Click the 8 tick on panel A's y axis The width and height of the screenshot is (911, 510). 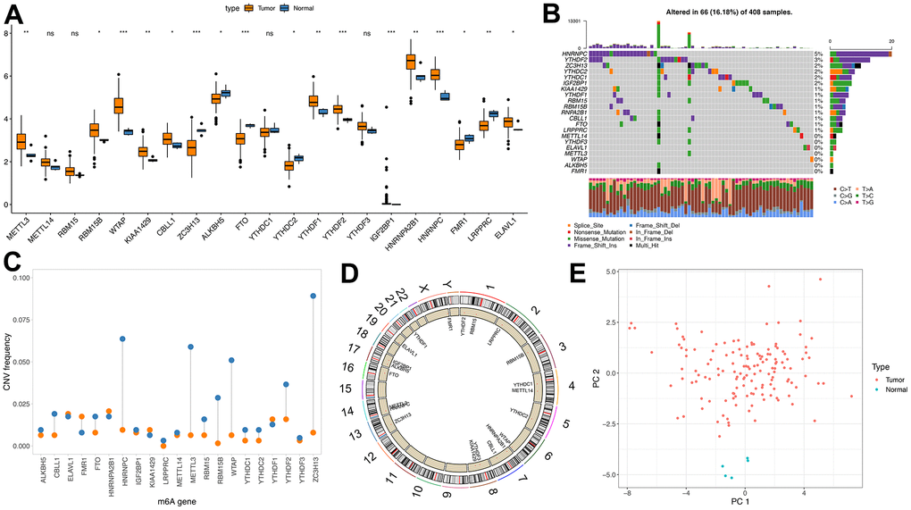(6, 34)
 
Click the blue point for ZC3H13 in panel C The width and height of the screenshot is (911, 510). (313, 296)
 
